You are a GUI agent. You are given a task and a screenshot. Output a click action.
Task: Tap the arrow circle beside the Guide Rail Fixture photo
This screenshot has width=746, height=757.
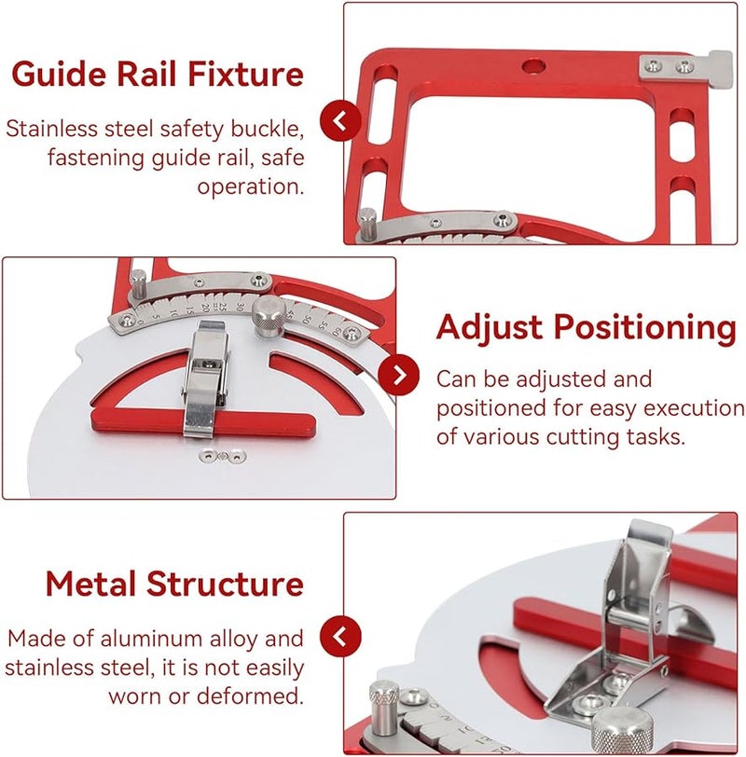[341, 121]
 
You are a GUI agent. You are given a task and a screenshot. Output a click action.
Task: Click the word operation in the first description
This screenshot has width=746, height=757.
[250, 186]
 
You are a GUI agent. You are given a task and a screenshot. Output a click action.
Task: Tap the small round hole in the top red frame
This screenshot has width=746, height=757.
[532, 65]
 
